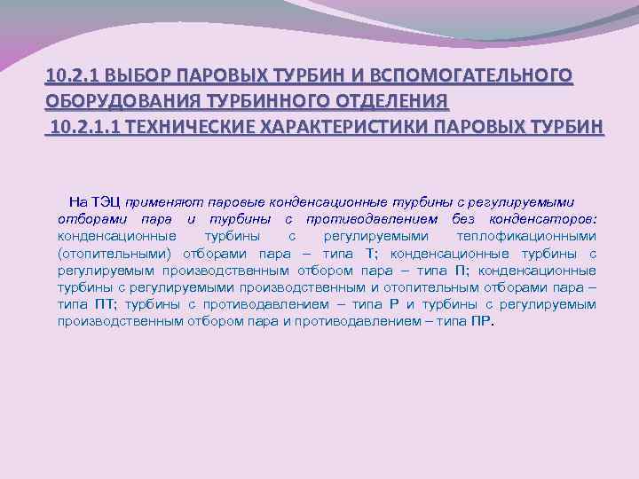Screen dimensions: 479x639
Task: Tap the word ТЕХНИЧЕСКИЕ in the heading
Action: [x=190, y=126]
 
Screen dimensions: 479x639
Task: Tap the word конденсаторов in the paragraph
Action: [x=543, y=219]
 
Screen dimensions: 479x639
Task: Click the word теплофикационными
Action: [x=526, y=236]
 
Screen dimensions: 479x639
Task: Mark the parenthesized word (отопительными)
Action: [x=112, y=253]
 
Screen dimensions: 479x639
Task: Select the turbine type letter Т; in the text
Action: [x=369, y=253]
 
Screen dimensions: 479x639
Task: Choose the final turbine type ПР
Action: [x=482, y=321]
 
